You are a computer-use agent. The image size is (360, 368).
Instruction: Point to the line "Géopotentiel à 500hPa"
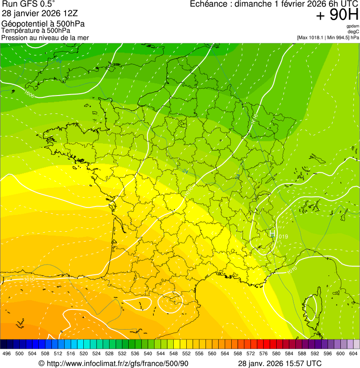(x=43, y=24)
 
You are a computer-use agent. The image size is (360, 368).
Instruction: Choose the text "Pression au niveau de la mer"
(x=45, y=37)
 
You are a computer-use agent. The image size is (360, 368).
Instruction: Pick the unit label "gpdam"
(x=353, y=26)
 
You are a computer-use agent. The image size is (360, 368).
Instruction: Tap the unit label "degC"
(x=353, y=31)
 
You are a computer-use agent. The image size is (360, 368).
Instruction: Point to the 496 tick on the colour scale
(x=7, y=354)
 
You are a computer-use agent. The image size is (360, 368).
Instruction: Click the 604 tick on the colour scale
(x=353, y=354)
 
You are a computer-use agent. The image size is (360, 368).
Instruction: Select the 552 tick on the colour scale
(x=186, y=354)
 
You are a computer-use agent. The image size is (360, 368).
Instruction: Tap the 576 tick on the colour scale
(x=263, y=354)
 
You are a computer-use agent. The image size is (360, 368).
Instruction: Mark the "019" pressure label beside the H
(x=283, y=236)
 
